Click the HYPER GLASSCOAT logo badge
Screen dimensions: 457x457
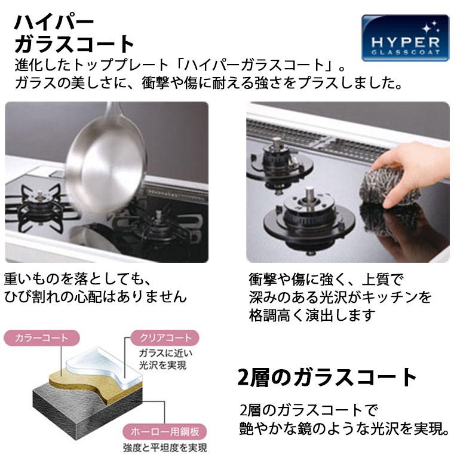[404, 38]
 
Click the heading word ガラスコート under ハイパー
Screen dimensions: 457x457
[75, 45]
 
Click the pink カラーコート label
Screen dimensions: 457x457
[36, 338]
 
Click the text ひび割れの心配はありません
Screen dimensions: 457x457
[95, 296]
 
